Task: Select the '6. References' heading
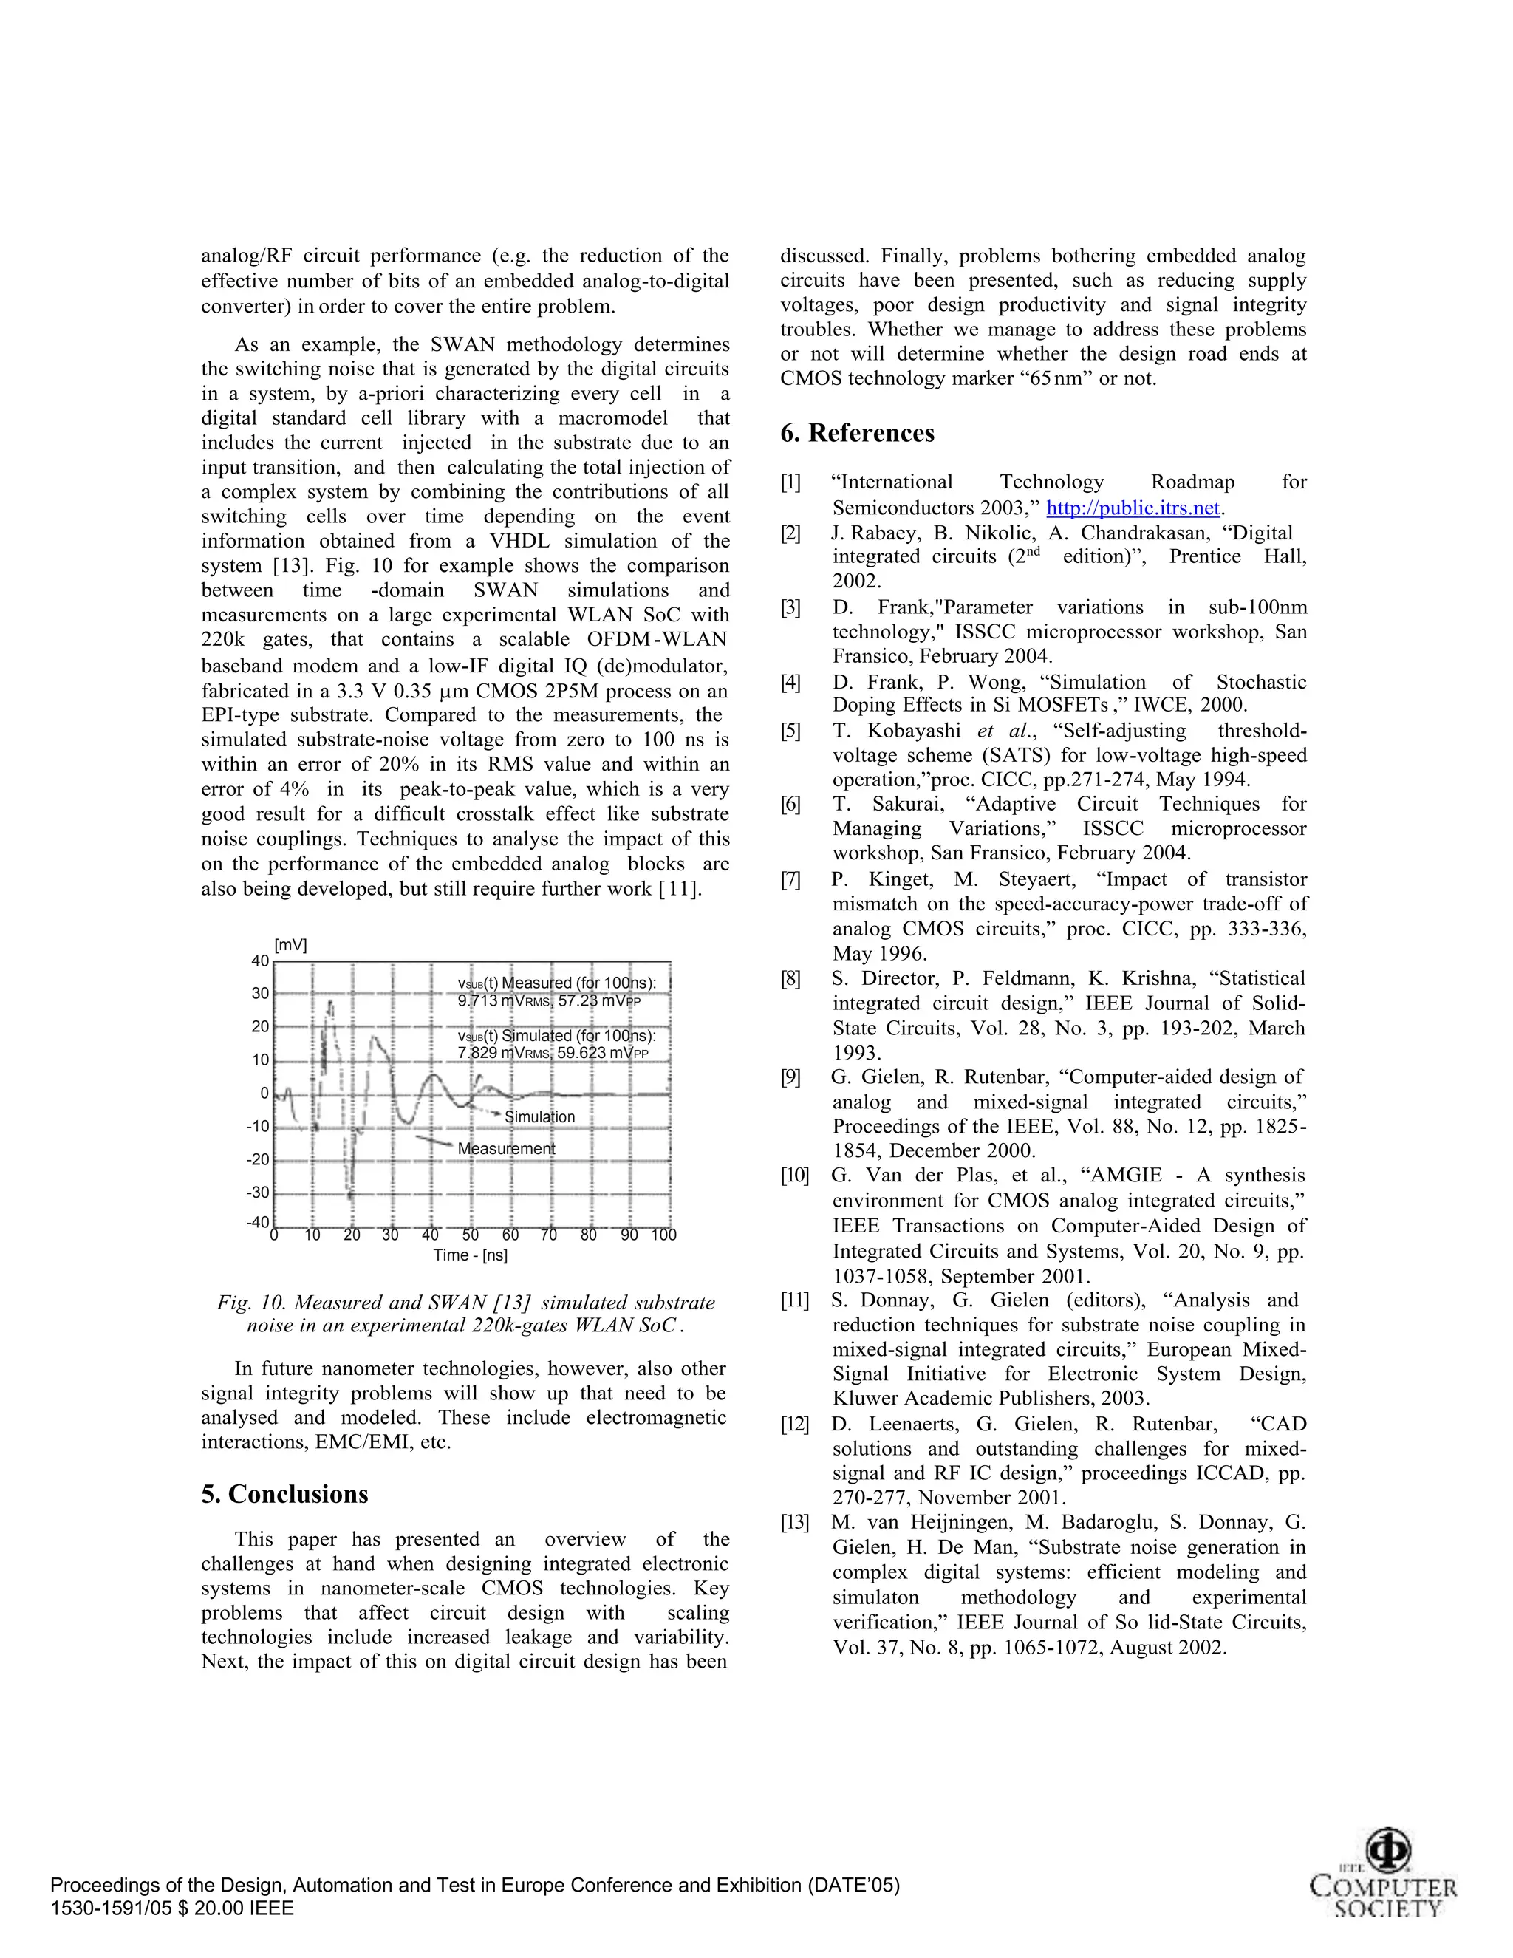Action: [x=857, y=433]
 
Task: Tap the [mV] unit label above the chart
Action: [x=290, y=945]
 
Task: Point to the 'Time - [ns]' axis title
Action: [x=470, y=1255]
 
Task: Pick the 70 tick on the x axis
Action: [x=549, y=1235]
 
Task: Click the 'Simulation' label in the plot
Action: [x=539, y=1117]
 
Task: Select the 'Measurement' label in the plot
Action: [x=505, y=1148]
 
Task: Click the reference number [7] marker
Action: [x=790, y=881]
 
